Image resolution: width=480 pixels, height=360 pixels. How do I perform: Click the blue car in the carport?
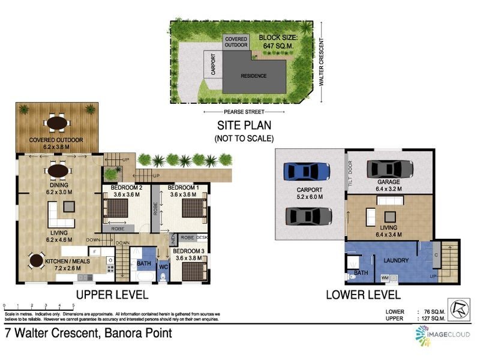point(308,171)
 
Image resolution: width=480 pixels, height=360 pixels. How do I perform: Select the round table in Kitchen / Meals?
point(37,261)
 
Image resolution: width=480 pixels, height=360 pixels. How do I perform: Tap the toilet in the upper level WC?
point(164,277)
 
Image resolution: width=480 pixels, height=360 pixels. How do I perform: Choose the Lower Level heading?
point(362,295)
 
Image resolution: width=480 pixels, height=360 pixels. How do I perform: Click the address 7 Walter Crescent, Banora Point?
point(88,333)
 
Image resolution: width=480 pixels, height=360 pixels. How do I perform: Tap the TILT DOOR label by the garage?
point(349,174)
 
